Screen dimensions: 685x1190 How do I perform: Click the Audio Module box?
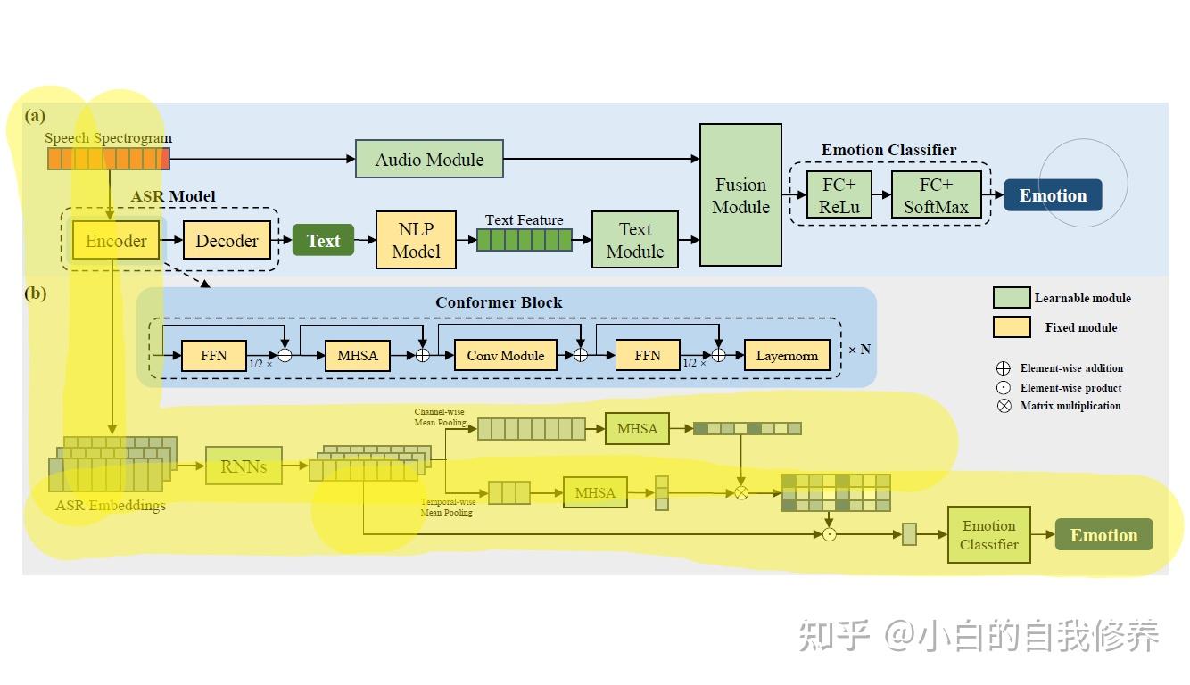pos(429,159)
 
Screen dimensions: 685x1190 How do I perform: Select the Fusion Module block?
pos(740,195)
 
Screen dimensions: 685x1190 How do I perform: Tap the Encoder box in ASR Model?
pos(116,241)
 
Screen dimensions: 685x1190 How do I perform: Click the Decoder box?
pos(227,241)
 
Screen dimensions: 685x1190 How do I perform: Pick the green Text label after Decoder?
pos(323,241)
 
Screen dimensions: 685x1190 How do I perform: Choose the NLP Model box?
pos(416,241)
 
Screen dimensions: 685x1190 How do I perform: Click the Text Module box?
pos(634,241)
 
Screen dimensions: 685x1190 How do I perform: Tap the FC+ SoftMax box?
pos(936,195)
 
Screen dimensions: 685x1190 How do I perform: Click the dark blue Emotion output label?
pos(1053,195)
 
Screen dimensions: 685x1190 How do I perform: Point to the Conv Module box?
pos(505,355)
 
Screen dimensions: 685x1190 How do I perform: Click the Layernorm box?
pos(787,355)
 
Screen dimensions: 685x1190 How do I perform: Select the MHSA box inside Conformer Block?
pos(358,355)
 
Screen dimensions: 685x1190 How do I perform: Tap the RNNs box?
pos(244,466)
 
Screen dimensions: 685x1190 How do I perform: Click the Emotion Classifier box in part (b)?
pos(988,535)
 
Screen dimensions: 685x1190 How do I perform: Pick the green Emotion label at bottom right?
pos(1103,535)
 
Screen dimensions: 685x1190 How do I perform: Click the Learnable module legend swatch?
pos(1012,298)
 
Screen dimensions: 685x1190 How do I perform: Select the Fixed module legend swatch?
pos(1012,327)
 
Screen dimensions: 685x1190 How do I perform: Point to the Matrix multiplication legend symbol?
pos(1004,406)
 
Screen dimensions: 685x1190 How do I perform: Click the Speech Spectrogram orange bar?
pos(108,159)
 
